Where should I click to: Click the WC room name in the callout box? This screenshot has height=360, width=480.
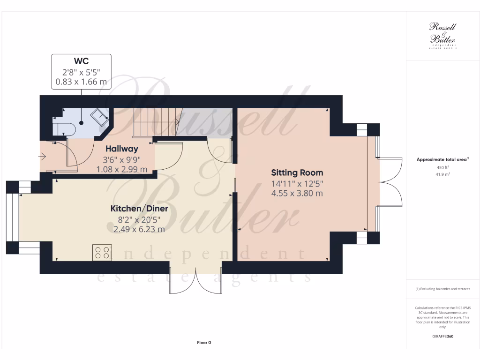point(81,61)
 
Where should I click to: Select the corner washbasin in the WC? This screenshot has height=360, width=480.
point(100,117)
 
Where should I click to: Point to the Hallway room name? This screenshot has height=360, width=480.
point(121,149)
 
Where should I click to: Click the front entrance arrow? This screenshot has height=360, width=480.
point(44,157)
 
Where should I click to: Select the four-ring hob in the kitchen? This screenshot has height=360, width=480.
point(102,253)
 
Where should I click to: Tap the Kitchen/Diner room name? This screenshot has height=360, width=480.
point(139,209)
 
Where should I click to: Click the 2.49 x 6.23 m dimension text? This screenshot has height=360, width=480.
point(139,229)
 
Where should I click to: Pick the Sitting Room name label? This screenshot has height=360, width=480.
point(297,173)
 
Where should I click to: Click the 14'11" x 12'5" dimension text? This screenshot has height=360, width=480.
point(297,183)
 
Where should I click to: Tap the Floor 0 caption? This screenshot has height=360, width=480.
point(204,343)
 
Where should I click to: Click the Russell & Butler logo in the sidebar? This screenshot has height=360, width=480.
point(442,36)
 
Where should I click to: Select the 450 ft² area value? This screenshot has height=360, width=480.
point(442,167)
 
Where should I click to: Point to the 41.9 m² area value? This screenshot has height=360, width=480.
point(442,174)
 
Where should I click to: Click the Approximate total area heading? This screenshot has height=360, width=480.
point(442,160)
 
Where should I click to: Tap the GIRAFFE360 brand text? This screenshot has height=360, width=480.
point(442,336)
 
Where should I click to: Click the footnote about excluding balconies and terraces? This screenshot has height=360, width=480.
point(442,289)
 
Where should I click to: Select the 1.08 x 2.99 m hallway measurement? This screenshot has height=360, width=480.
point(121,169)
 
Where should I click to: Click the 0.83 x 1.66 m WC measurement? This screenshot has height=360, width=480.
point(81,82)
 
